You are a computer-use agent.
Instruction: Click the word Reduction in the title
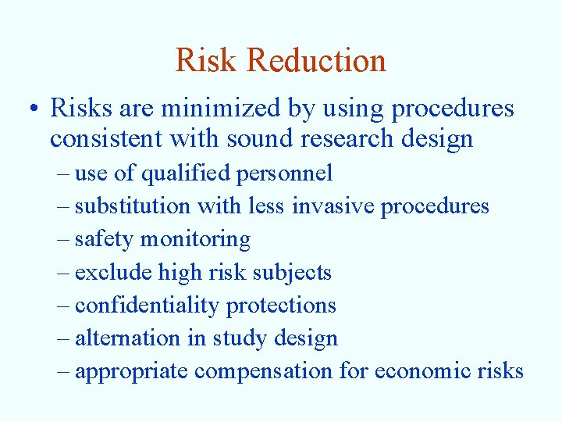point(323,61)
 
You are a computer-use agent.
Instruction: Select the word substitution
point(133,206)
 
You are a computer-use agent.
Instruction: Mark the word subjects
point(293,272)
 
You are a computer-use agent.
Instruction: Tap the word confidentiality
point(147,305)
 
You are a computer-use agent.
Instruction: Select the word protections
point(281,305)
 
